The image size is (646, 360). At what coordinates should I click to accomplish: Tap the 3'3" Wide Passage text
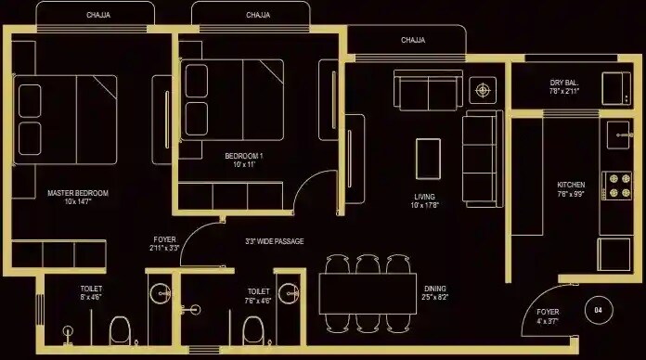[x=274, y=241]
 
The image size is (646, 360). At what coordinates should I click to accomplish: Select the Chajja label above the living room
[x=413, y=40]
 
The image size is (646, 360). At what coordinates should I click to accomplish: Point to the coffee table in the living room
[x=428, y=157]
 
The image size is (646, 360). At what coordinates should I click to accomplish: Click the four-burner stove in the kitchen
[x=614, y=186]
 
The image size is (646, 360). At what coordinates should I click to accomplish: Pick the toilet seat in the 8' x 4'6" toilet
[x=120, y=328]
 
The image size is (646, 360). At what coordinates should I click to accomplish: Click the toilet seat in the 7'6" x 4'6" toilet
[x=252, y=328]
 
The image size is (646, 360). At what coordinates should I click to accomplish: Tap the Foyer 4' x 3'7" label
[x=549, y=316]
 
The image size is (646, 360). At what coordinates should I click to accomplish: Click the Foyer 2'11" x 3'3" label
[x=164, y=244]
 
